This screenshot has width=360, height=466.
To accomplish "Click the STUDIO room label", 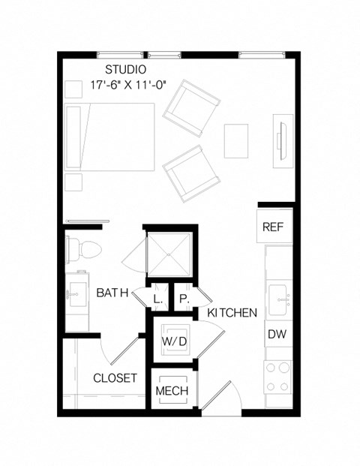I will click(126, 70).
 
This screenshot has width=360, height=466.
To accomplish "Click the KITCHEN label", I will click(232, 312).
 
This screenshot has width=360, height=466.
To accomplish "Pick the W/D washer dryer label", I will click(174, 342).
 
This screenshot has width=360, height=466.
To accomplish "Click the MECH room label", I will click(171, 391).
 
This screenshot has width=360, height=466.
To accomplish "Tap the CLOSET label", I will click(115, 377).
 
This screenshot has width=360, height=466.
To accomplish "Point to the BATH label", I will click(112, 293).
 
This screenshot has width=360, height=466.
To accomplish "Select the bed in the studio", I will click(109, 137).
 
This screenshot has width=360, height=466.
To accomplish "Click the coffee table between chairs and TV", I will click(236, 140).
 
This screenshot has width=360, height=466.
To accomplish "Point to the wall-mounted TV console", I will click(282, 137).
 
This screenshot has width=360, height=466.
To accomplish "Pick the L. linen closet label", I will click(157, 299).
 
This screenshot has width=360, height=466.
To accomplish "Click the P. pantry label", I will click(183, 299).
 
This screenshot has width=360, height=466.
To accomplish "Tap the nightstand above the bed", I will click(73, 89).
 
